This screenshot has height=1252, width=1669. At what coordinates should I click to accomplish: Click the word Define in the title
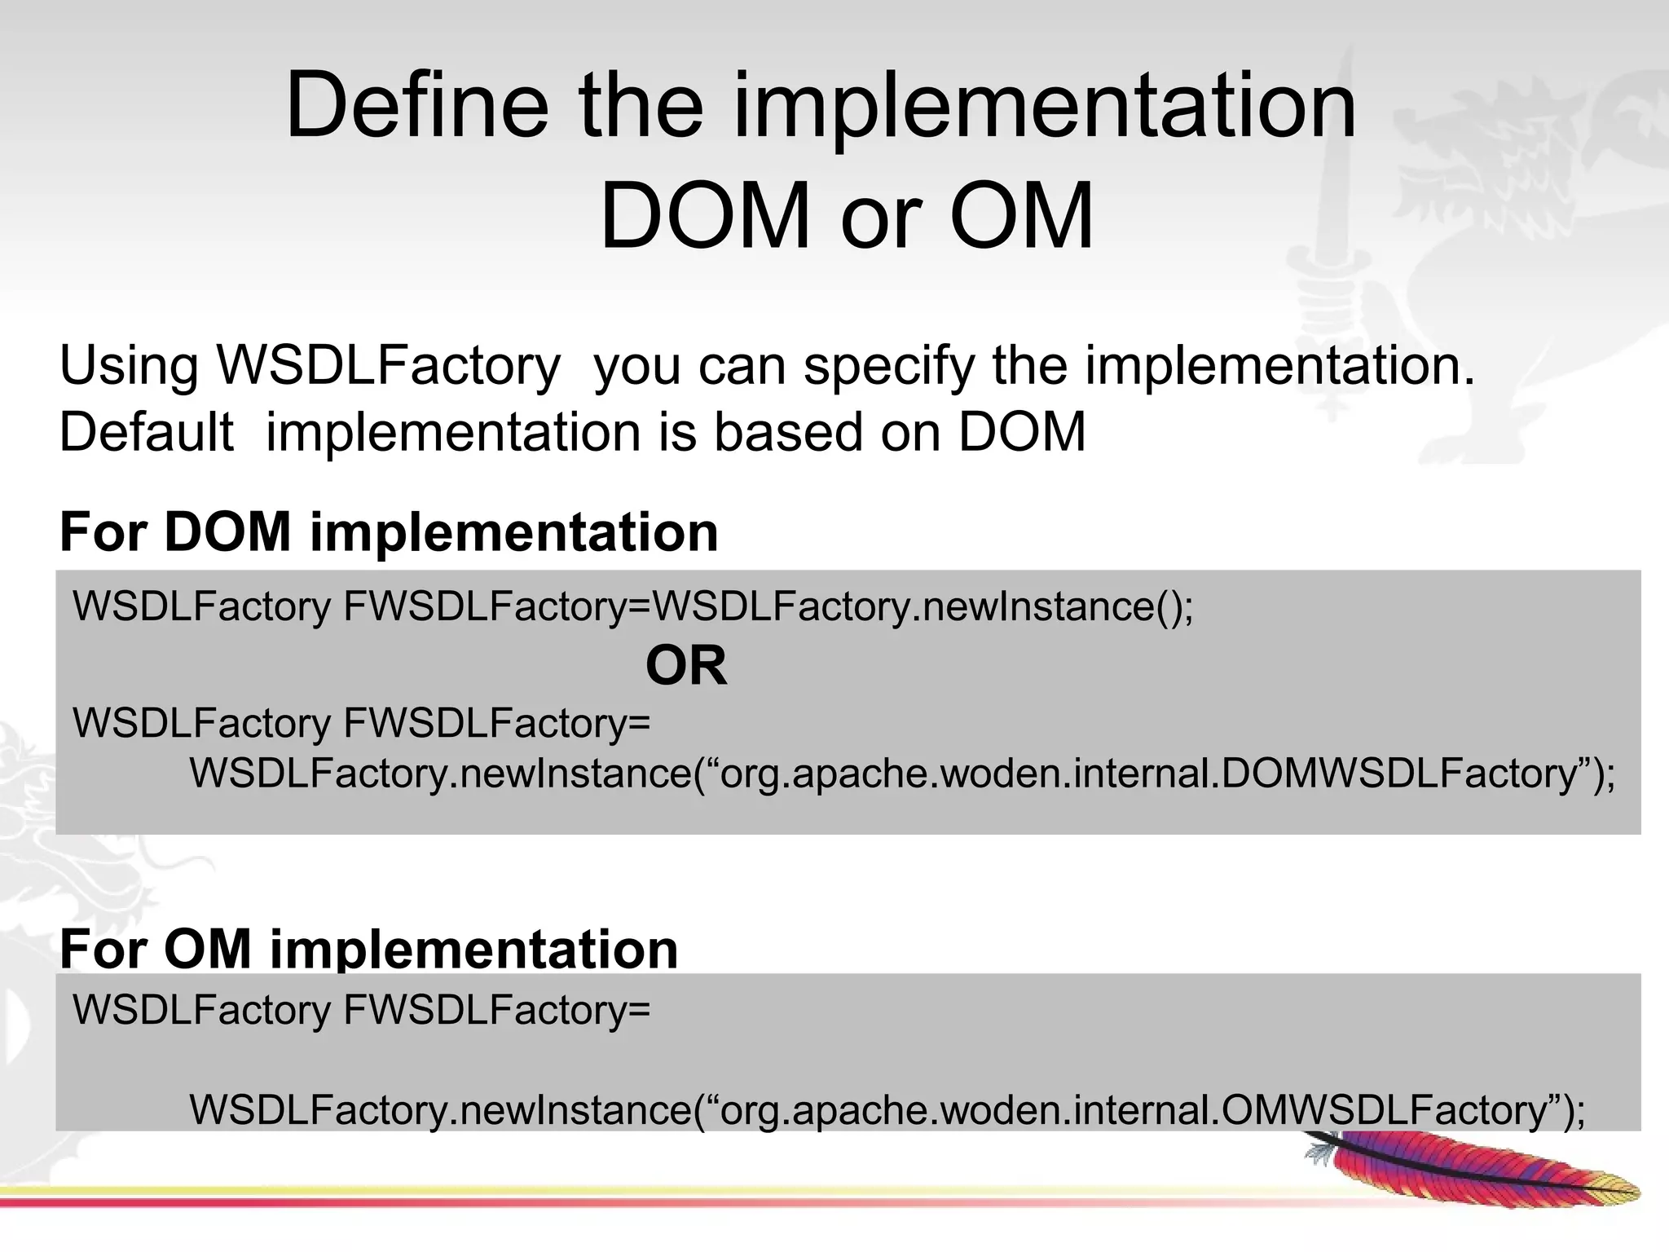coord(417,106)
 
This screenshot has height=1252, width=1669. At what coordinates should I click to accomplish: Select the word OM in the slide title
coord(1021,216)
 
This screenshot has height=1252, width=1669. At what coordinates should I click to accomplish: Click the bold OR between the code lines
coord(685,666)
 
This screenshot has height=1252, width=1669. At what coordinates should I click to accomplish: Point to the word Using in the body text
coord(129,366)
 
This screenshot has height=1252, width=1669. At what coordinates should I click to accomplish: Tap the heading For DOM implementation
coord(389,532)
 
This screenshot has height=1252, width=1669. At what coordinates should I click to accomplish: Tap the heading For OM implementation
coord(368,949)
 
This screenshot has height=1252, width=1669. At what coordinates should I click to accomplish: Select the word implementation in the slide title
coord(1045,106)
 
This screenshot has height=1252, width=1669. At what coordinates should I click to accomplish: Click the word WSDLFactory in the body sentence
coord(388,366)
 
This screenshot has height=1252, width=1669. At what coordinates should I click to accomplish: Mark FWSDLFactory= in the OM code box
coord(497,1010)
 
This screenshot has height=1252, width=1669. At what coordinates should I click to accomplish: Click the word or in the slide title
coord(880,216)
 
